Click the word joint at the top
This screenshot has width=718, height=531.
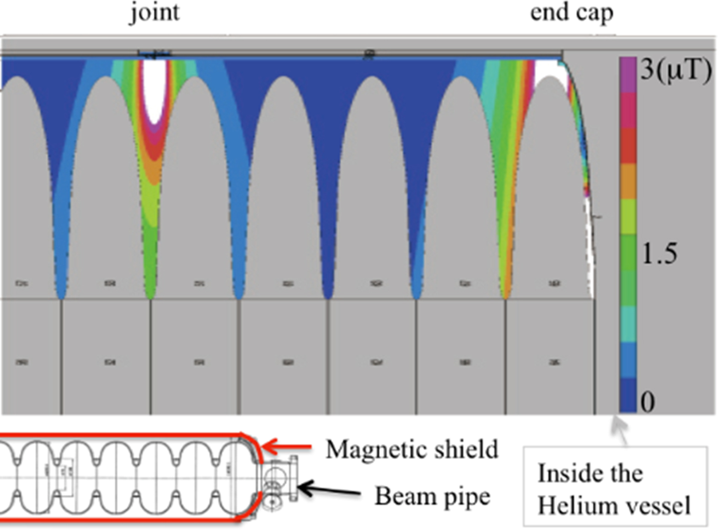click(x=155, y=12)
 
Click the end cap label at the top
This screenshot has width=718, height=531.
click(x=571, y=12)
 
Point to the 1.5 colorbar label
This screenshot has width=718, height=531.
click(x=659, y=254)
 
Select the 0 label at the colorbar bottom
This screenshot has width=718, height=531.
click(x=648, y=402)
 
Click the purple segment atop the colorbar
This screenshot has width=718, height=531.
click(x=628, y=74)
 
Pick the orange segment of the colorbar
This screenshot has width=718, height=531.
click(x=628, y=181)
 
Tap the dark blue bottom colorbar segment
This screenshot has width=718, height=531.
click(x=628, y=395)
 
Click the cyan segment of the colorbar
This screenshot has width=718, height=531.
click(x=628, y=324)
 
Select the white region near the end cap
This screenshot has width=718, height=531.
click(x=551, y=71)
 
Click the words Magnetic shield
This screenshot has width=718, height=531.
click(x=412, y=450)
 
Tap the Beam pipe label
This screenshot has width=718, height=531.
click(x=432, y=496)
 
